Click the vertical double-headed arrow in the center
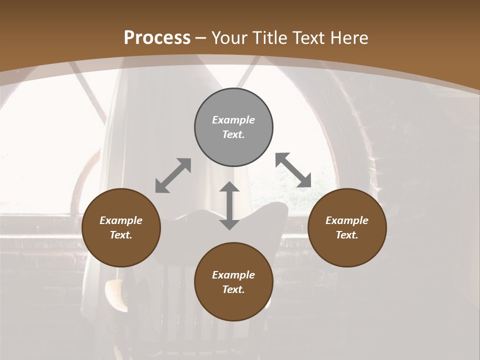(229, 205)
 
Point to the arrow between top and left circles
(173, 175)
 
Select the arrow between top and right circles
(293, 170)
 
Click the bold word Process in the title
(157, 37)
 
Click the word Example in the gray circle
(233, 120)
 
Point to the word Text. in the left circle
(121, 235)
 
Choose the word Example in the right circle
(347, 220)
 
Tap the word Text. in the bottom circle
(233, 289)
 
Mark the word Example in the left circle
(121, 220)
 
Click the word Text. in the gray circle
(233, 134)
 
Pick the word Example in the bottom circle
(233, 275)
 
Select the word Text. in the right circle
(347, 235)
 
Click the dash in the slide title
(201, 38)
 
